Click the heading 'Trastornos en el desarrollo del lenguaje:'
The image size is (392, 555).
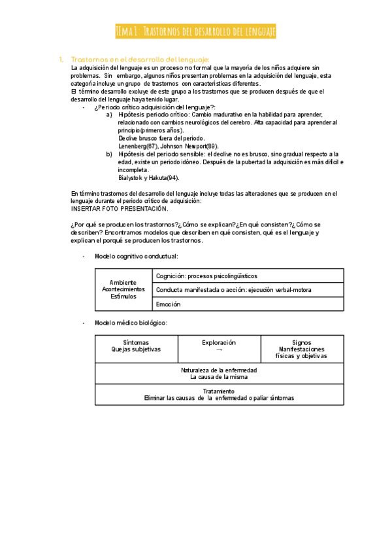pos(140,59)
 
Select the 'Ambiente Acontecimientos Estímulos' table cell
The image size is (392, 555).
pos(123,289)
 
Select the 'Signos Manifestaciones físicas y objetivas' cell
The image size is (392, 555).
pos(302,349)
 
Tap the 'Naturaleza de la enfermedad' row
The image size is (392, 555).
pos(219,374)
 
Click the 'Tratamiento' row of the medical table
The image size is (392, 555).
pos(219,395)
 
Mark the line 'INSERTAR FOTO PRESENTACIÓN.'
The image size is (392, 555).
pos(119,209)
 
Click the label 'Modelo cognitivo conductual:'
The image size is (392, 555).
pos(136,256)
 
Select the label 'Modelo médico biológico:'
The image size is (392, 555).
pos(131,323)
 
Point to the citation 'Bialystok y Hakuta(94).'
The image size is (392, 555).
pos(148,177)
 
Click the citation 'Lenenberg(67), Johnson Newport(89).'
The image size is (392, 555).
pos(168,146)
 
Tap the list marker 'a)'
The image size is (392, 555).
pos(109,115)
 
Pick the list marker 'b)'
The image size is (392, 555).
pos(109,154)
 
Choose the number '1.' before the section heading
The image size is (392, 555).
pos(61,59)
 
